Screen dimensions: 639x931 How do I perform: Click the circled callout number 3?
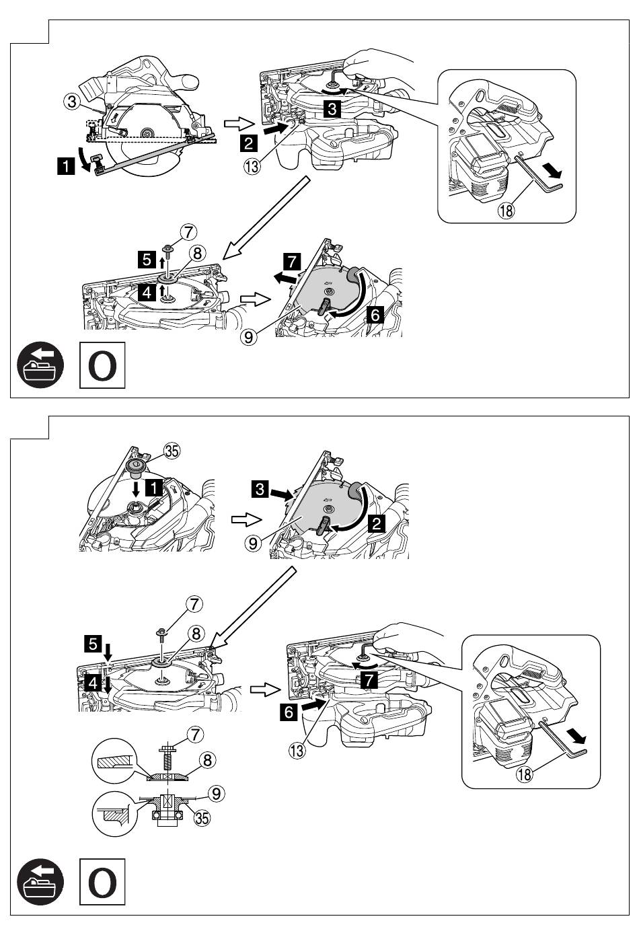tap(72, 102)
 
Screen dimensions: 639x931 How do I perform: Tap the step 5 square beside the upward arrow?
tap(147, 260)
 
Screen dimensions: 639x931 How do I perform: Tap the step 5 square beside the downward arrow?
tap(93, 644)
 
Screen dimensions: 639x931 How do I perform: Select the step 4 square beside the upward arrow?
tap(147, 293)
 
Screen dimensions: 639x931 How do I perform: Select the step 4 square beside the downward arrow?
tap(93, 683)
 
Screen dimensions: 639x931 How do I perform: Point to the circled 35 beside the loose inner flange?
tap(172, 451)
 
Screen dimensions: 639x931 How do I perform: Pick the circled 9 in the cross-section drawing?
tap(217, 794)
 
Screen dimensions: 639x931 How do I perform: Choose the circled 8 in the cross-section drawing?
tap(208, 760)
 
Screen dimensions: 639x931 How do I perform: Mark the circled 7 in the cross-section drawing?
tap(196, 735)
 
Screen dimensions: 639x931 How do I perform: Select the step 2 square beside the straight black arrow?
tap(248, 144)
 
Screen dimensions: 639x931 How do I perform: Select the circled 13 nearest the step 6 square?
tap(297, 750)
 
